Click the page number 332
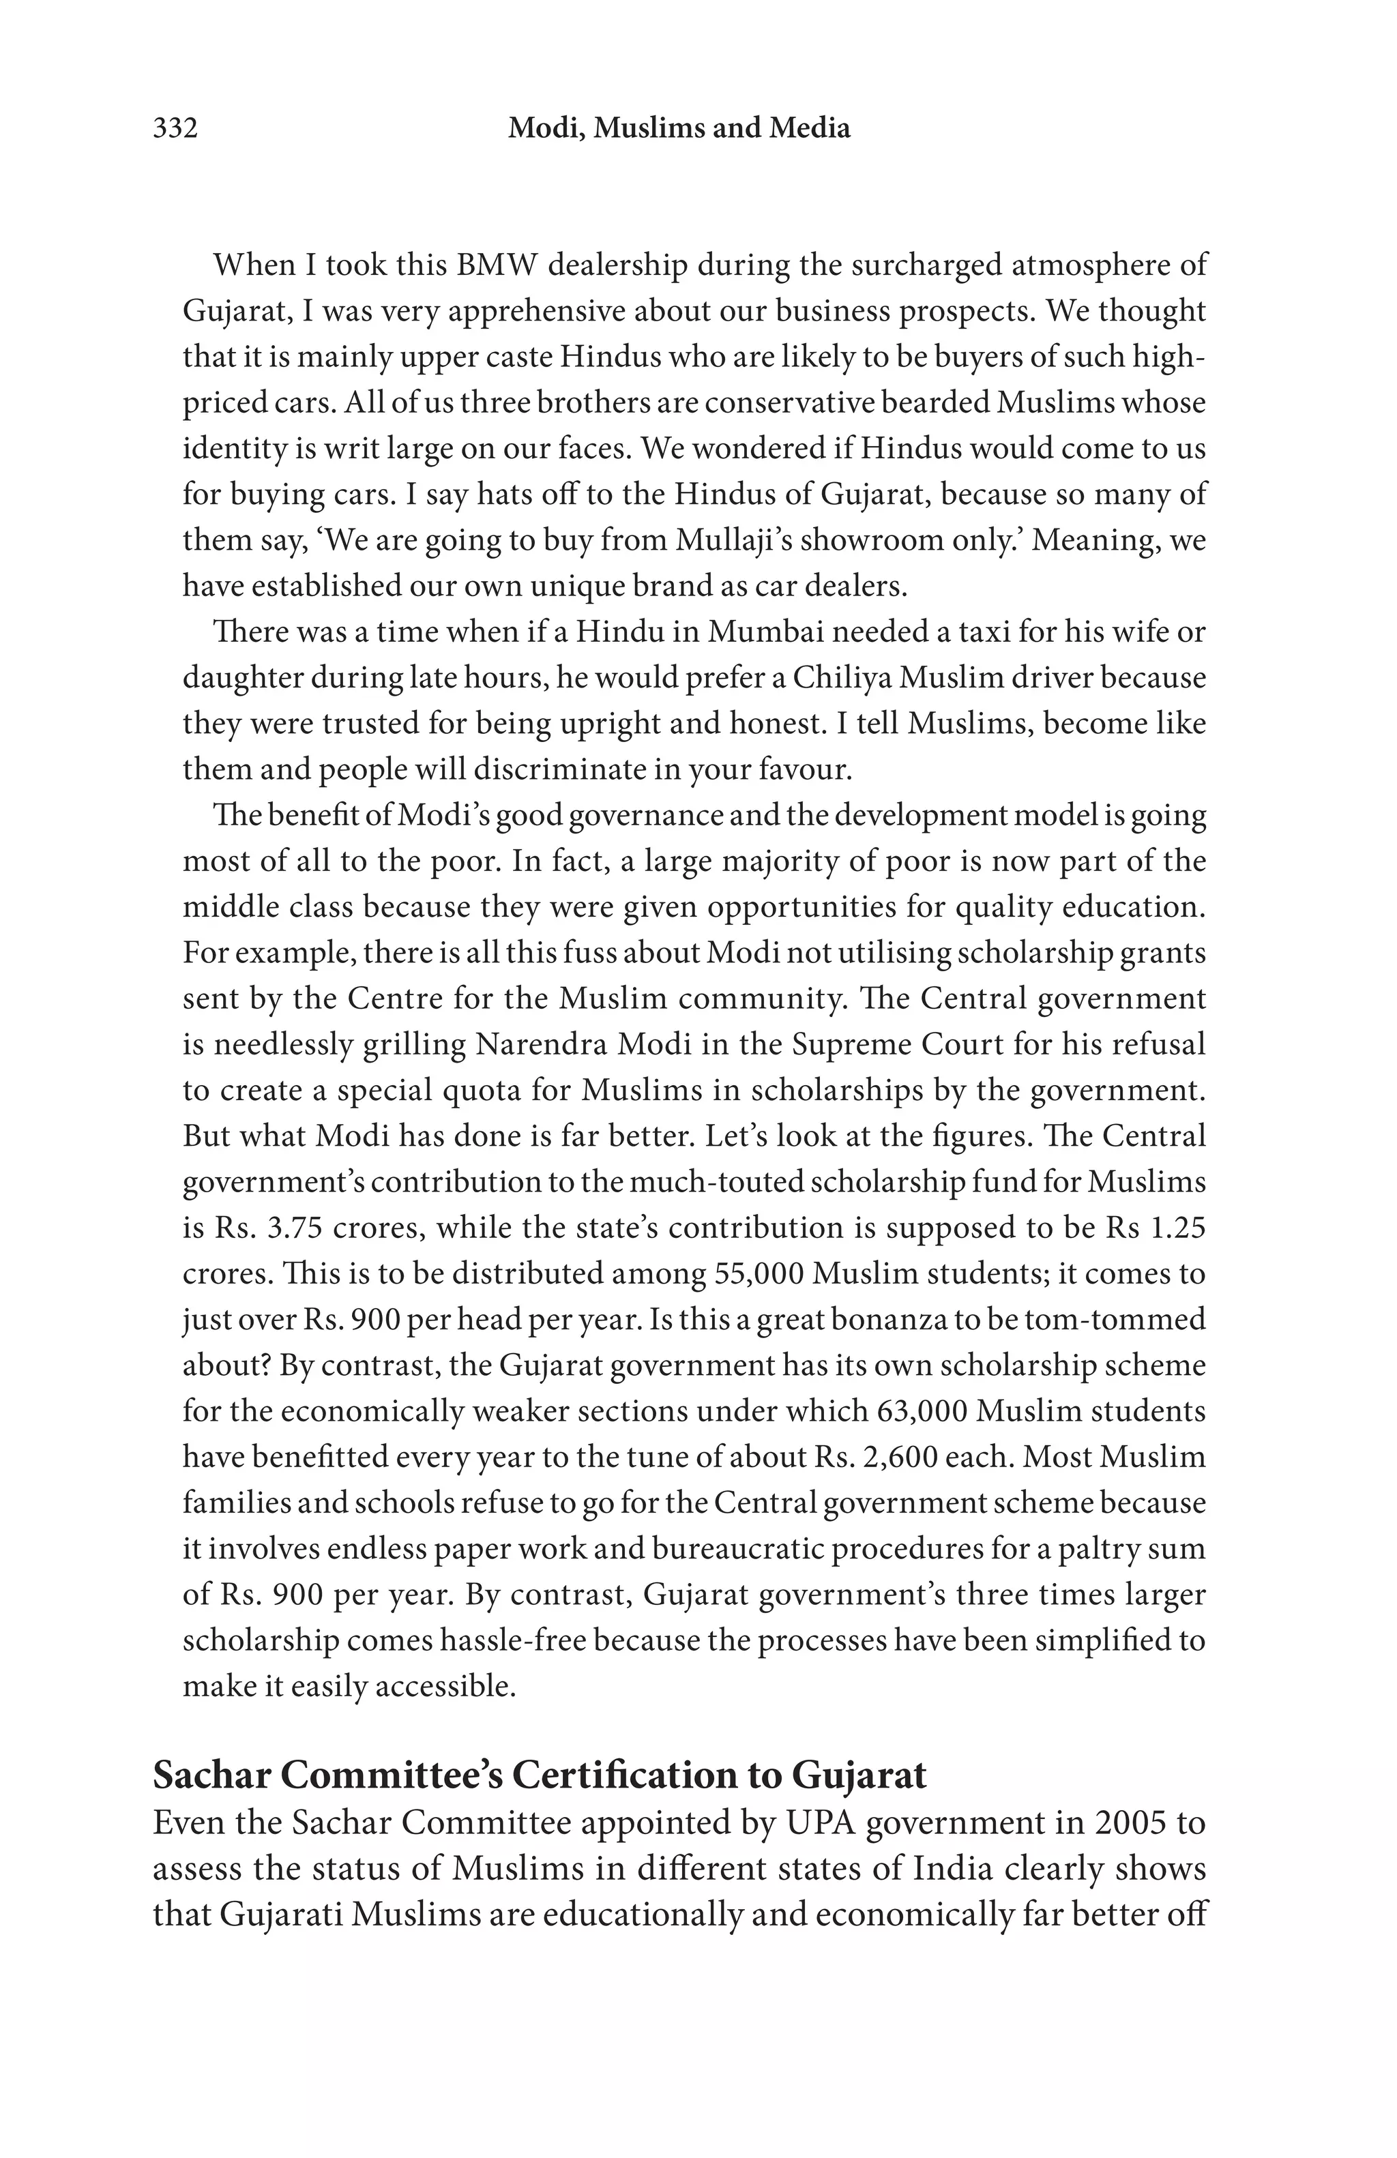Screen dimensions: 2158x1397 point(175,129)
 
